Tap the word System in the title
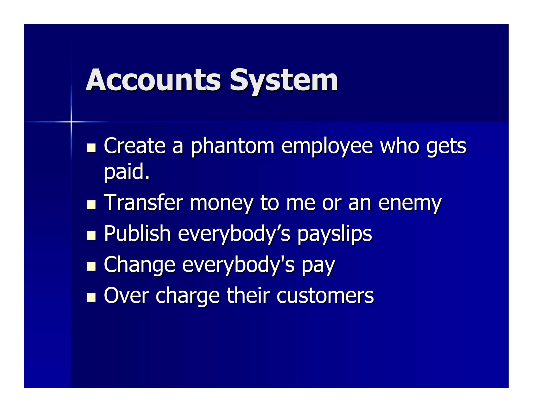pos(283,81)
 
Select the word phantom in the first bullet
pos(232,146)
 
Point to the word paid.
pos(127,172)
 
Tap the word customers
pos(325,296)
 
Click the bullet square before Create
pos(91,148)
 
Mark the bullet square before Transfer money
pos(91,204)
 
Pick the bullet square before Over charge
pos(91,297)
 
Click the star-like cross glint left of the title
pos(71,122)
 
